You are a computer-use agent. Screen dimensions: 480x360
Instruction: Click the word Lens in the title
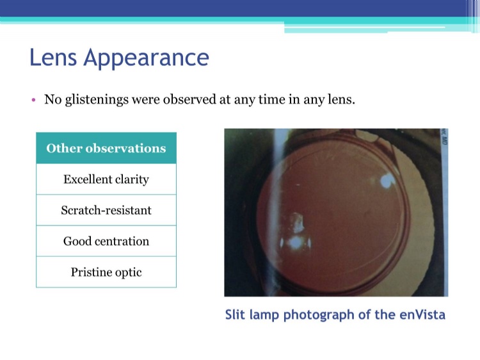click(53, 57)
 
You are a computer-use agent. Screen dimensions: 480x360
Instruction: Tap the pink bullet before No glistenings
click(34, 100)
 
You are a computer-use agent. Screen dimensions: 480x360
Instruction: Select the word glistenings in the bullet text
click(97, 100)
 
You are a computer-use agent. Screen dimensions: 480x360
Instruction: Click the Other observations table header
click(106, 148)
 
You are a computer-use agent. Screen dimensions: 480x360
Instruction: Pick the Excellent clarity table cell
click(106, 179)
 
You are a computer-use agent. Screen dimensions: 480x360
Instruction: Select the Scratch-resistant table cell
click(106, 210)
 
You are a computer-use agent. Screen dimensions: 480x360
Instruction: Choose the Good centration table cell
click(106, 241)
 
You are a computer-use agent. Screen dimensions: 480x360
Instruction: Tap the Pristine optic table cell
click(106, 272)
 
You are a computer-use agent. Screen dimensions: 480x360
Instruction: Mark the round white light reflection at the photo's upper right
click(388, 181)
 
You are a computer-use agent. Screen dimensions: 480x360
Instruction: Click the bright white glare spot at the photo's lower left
click(296, 243)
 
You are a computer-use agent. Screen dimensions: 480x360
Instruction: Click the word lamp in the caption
click(264, 315)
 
